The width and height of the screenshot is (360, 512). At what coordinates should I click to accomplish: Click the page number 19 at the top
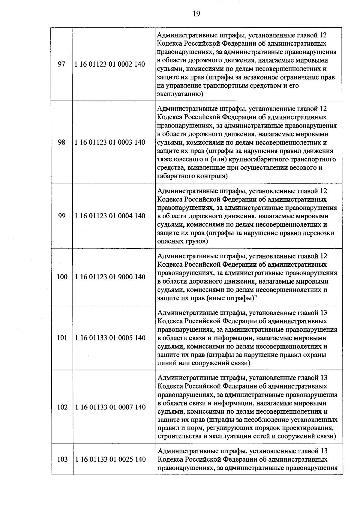(x=196, y=14)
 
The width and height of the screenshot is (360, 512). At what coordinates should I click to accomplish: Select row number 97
(x=61, y=64)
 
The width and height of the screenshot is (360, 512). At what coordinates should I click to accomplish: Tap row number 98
(x=61, y=142)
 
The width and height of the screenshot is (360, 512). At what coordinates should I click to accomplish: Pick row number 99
(x=61, y=216)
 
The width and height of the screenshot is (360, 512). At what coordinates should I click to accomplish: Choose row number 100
(x=62, y=277)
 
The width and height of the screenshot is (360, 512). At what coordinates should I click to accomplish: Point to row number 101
(x=62, y=338)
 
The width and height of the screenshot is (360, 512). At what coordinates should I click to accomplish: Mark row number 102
(x=62, y=407)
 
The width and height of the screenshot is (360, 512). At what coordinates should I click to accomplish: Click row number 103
(x=62, y=459)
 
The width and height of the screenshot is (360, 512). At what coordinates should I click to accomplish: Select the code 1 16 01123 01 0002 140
(x=110, y=64)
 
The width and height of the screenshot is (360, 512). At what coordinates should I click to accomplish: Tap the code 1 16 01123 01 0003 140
(x=110, y=142)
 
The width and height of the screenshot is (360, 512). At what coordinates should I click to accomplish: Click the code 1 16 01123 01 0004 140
(x=110, y=216)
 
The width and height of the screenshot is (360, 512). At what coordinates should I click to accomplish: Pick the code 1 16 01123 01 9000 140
(x=110, y=277)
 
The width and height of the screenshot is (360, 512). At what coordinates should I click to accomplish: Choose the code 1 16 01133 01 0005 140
(x=110, y=338)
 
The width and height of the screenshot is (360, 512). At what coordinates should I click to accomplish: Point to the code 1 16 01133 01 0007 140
(x=110, y=407)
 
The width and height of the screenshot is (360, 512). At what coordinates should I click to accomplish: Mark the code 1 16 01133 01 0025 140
(x=110, y=459)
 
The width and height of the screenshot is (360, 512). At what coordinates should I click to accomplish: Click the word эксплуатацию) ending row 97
(x=180, y=94)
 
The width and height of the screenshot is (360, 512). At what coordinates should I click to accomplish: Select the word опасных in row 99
(x=169, y=241)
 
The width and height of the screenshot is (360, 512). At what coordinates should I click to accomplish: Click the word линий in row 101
(x=165, y=363)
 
